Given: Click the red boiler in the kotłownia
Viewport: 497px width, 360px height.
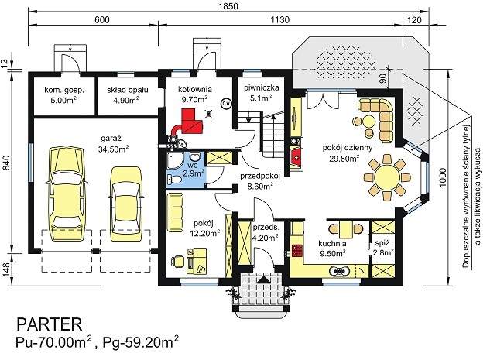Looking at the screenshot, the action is pos(190,121).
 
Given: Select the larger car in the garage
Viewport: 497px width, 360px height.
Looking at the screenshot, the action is pos(67,194).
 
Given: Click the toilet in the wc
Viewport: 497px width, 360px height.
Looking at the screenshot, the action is pos(174,180).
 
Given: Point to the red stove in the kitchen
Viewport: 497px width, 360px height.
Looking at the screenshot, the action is pos(297,250).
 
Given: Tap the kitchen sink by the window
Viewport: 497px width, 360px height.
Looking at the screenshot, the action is pos(340,271).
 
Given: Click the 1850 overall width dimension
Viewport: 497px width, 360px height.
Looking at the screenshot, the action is pos(228,5).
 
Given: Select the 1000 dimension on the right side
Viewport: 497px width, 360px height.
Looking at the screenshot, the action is pos(443,177).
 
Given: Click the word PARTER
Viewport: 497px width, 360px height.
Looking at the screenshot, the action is pos(49,324).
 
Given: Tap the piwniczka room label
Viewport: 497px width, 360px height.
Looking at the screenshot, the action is pos(262,87).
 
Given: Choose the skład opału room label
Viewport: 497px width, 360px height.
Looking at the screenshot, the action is pos(128,90).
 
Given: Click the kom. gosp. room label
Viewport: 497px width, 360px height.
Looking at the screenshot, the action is pos(64,90).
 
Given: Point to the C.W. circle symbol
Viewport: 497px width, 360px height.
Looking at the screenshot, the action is pos(226,103).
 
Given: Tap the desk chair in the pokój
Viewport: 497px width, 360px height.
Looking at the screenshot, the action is pos(177,262).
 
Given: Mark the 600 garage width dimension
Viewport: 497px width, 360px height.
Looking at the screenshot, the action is pos(102,19).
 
